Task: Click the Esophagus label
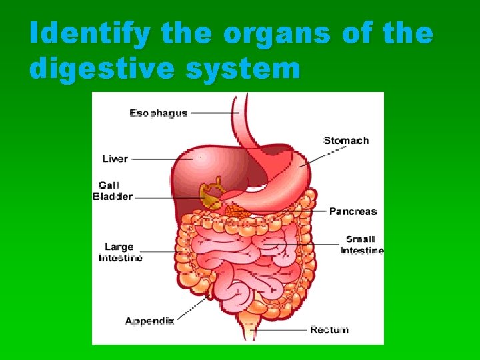pos(158,113)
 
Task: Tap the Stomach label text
pos(346,141)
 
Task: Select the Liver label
pos(115,159)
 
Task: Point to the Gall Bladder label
pos(112,191)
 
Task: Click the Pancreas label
pos(353,211)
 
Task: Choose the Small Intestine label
pos(361,245)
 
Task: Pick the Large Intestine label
pos(120,253)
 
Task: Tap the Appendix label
pos(149,321)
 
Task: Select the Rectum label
pos(329,330)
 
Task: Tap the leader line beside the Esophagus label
pos(213,113)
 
